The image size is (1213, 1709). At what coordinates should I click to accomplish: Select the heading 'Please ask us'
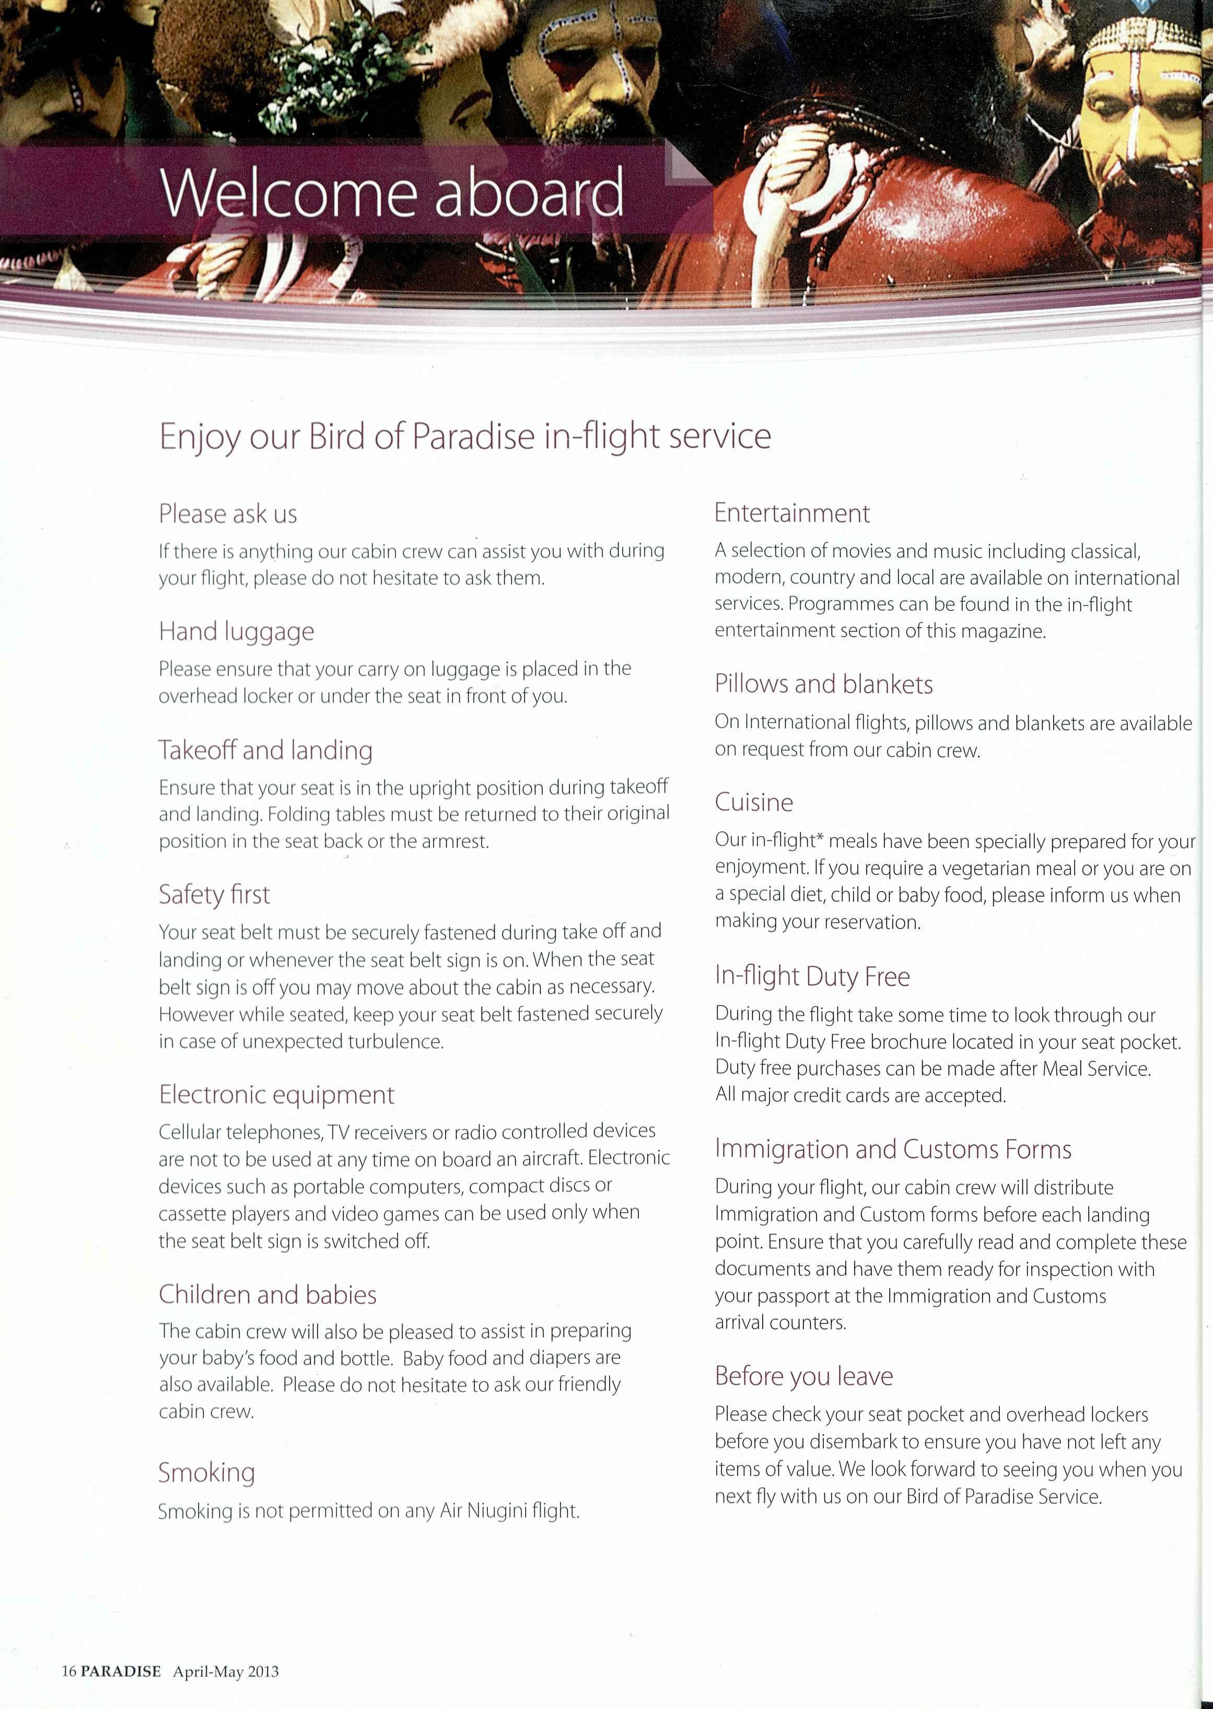[228, 514]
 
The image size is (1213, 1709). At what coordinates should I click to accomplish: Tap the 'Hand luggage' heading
[236, 632]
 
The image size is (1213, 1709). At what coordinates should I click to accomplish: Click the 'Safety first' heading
[214, 894]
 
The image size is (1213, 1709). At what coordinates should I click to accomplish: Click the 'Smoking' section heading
[206, 1472]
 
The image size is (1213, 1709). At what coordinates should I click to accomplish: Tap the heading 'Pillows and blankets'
[824, 684]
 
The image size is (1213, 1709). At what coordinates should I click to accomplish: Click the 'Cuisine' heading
[754, 802]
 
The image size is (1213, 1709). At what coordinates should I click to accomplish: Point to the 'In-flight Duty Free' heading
[812, 976]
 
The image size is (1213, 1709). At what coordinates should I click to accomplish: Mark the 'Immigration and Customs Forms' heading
[893, 1149]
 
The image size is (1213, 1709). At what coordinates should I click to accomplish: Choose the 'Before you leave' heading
[803, 1376]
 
